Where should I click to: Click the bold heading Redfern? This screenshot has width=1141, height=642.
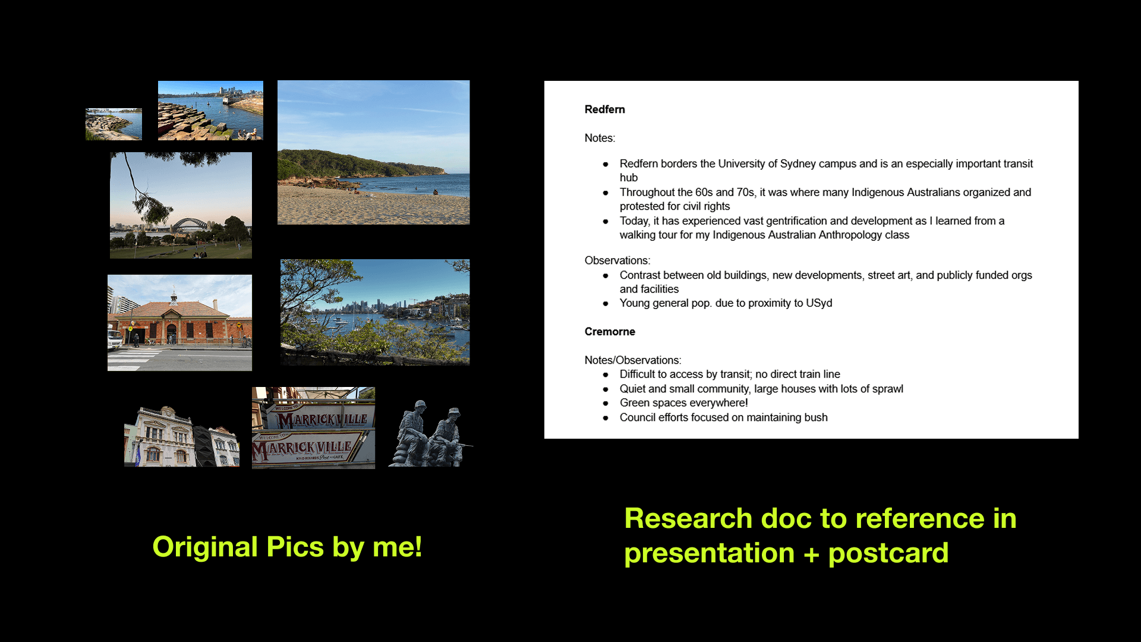604,109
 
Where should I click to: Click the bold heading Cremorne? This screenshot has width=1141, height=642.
610,332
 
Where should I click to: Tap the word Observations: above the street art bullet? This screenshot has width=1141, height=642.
617,260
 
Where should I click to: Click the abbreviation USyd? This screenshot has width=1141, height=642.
819,303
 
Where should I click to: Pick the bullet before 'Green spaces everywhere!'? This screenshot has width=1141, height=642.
606,404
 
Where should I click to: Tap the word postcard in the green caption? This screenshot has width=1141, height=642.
888,553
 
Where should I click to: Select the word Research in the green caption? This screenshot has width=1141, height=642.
688,518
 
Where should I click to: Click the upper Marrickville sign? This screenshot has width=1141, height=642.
322,418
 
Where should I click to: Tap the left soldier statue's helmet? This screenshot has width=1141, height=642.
420,404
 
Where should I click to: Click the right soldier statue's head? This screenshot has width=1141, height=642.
455,413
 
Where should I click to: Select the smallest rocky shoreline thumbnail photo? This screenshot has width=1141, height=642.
114,124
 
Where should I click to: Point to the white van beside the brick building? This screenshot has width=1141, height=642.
114,339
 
